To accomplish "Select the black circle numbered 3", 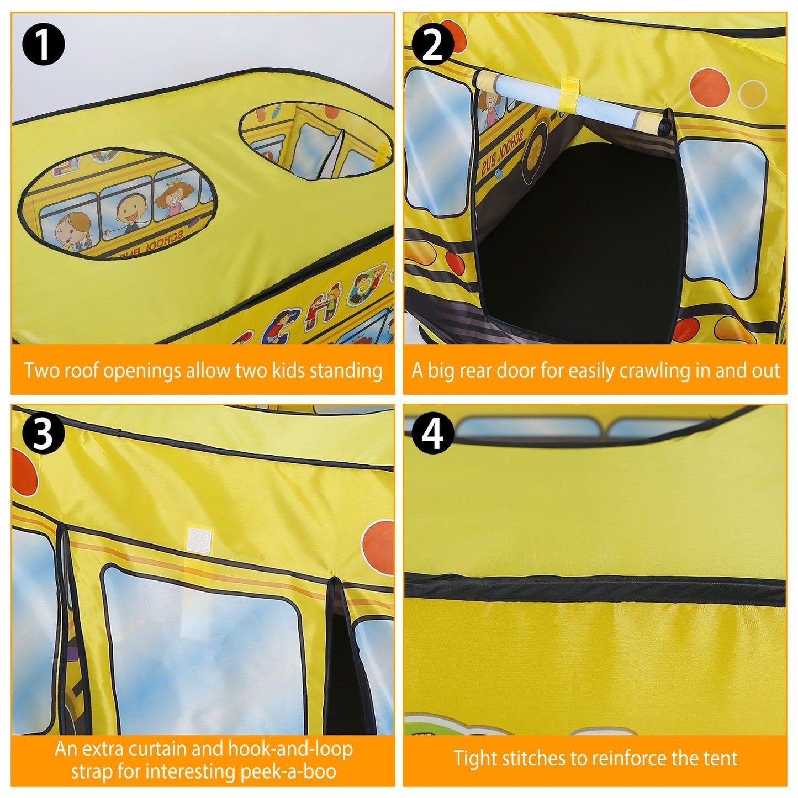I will tap(43, 434).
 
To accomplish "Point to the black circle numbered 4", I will tap(432, 434).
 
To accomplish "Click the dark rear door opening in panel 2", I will tap(577, 243).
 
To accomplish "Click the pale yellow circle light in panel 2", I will tap(753, 93).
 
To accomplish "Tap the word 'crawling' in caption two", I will tap(655, 371).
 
